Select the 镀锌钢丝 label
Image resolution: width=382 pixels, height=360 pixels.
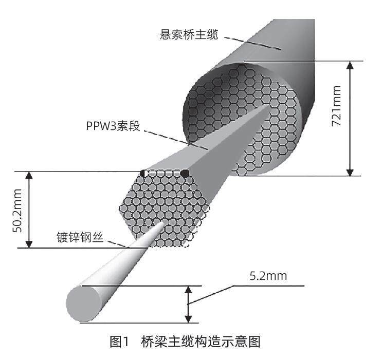coord(84,238)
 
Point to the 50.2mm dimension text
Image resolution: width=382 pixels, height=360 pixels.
coord(17,209)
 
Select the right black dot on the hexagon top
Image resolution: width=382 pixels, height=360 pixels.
coord(184,174)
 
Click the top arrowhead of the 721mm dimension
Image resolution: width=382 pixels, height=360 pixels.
coord(350,66)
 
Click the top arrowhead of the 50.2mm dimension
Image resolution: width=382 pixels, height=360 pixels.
coord(29,176)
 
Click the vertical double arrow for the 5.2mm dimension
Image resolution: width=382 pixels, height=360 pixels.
coord(188,304)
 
